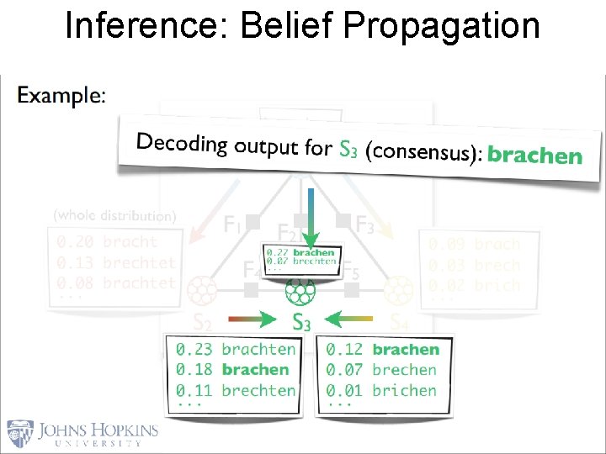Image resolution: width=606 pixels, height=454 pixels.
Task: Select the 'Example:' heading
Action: click(x=61, y=95)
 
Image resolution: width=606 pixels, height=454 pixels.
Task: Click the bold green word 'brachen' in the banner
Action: click(x=535, y=156)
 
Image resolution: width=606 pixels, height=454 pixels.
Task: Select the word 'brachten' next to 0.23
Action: click(x=258, y=349)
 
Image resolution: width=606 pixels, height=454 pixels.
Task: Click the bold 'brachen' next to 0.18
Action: click(x=255, y=370)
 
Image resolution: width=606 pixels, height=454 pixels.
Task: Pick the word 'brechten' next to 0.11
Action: click(x=258, y=391)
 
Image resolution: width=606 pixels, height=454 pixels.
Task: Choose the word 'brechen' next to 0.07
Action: click(x=404, y=370)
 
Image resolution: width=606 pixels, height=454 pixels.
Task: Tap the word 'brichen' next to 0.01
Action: click(x=404, y=391)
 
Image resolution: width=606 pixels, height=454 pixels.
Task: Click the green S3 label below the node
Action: click(x=302, y=322)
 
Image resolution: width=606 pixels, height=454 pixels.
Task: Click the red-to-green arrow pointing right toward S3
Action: click(x=252, y=319)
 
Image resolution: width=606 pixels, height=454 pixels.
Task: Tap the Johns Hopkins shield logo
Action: click(x=20, y=433)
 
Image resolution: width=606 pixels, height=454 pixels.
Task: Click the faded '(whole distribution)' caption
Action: click(x=114, y=216)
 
